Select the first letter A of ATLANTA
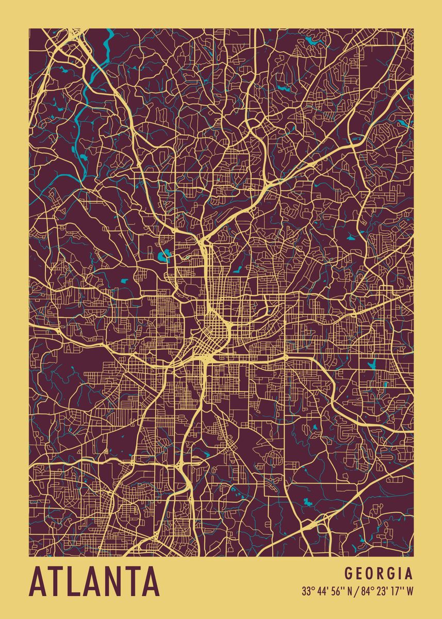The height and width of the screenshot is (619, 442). [39, 581]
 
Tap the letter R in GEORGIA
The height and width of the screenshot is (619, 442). [380, 574]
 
